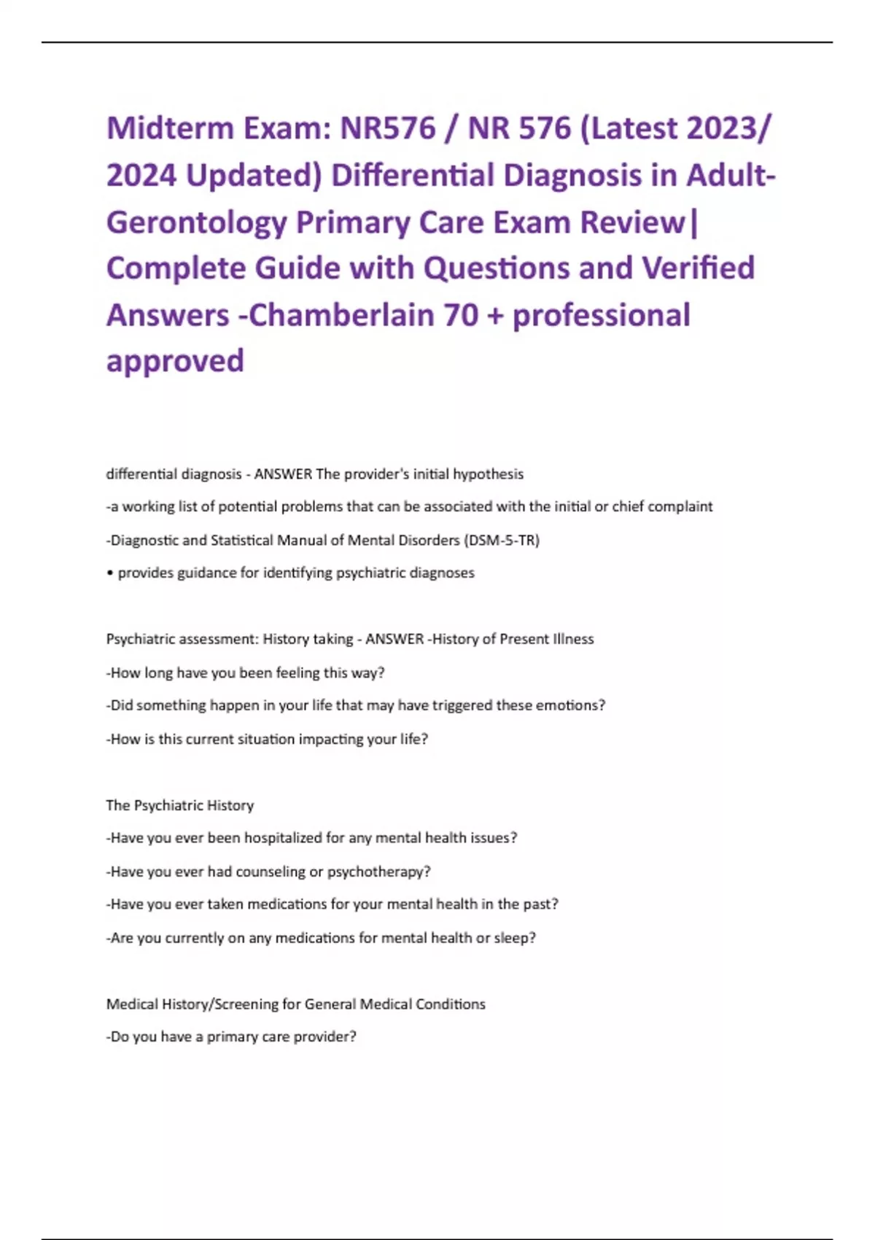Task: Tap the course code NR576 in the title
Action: (388, 128)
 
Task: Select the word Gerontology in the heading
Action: (196, 222)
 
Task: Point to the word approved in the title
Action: (175, 361)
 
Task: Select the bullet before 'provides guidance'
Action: (110, 573)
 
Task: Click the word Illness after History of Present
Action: (573, 639)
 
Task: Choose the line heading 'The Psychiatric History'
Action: (180, 805)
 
